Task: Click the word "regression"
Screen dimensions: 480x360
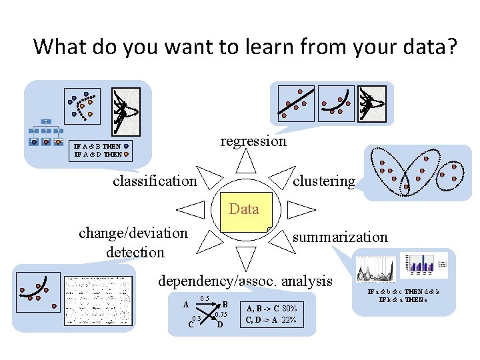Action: click(x=253, y=141)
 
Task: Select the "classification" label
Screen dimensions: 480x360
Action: click(x=155, y=181)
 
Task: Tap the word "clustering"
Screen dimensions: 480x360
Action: click(x=324, y=181)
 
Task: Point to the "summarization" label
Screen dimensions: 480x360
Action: click(x=340, y=237)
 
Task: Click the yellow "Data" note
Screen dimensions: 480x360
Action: click(x=243, y=212)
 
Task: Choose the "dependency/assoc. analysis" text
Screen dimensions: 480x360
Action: click(x=245, y=281)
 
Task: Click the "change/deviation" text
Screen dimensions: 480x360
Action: click(x=133, y=233)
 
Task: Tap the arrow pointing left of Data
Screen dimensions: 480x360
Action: click(x=192, y=210)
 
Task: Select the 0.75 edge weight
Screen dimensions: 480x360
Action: click(x=221, y=314)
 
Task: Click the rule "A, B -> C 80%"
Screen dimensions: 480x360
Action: click(x=271, y=309)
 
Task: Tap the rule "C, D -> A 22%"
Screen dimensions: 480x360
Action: click(x=271, y=320)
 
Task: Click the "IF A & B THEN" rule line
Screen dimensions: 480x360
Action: click(x=97, y=146)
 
